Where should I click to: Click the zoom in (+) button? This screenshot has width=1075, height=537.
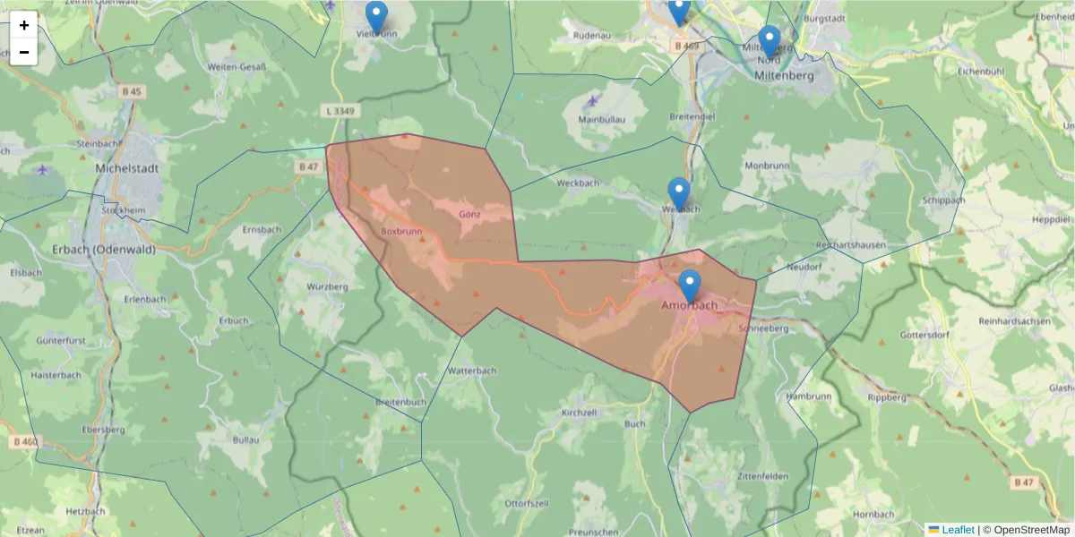24,25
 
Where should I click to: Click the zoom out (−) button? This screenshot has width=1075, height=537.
24,52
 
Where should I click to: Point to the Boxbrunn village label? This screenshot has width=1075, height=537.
400,231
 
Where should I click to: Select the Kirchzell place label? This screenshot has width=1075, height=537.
579,413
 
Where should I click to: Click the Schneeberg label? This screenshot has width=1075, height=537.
762,328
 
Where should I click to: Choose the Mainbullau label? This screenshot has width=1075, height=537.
601,119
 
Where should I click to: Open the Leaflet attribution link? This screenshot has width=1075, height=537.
957,530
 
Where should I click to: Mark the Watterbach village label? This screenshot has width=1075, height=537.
471,370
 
